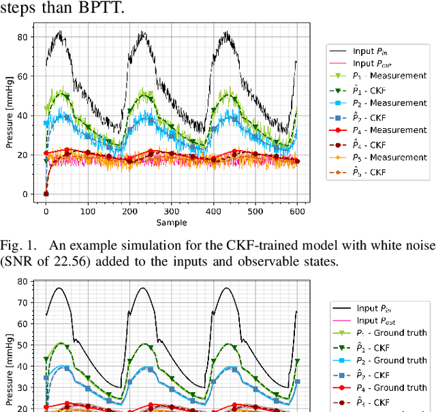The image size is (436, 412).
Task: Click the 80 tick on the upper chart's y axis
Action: [26, 37]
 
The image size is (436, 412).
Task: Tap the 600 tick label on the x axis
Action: [297, 211]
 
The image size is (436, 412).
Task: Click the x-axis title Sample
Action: [171, 222]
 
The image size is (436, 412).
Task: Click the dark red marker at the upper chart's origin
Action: [46, 194]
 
